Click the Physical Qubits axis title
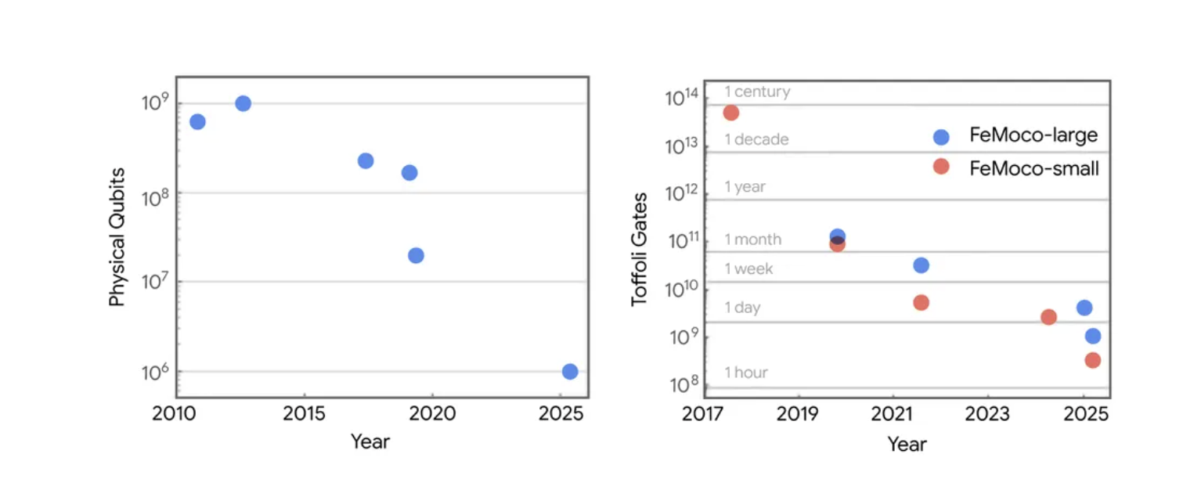(x=117, y=236)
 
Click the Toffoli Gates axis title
(x=640, y=249)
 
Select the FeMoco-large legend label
(x=1033, y=135)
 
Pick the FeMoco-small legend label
(x=1034, y=167)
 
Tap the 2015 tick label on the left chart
(x=304, y=413)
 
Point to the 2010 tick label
(x=176, y=413)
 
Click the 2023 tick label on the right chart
(x=987, y=413)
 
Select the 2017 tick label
(x=704, y=413)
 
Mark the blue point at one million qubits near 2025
(x=570, y=371)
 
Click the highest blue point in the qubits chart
(x=243, y=103)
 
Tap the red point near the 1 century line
(x=730, y=113)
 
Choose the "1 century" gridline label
(x=757, y=92)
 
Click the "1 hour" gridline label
(x=745, y=373)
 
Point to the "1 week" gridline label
(x=748, y=269)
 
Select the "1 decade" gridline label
(x=756, y=139)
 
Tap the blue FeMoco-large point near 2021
(x=921, y=265)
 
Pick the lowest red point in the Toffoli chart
(x=1092, y=360)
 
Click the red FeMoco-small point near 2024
(x=1048, y=317)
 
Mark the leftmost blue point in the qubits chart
(x=197, y=121)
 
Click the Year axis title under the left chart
(x=370, y=441)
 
